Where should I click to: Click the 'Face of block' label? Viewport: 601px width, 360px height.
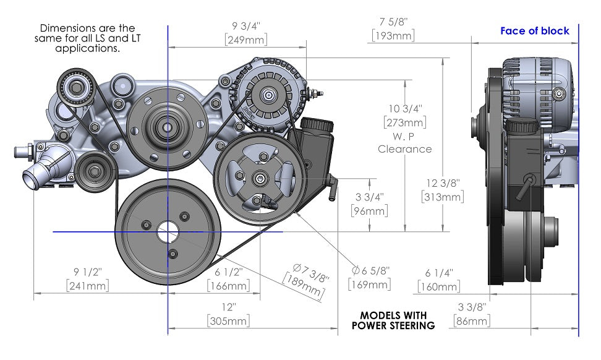click(x=534, y=31)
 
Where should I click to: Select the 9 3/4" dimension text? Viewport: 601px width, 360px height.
click(x=245, y=27)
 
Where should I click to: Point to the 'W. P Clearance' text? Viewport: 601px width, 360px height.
click(x=404, y=142)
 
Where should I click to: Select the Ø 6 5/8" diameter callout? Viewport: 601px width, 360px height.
click(x=371, y=271)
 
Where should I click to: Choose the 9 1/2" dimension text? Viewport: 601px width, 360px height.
click(x=87, y=272)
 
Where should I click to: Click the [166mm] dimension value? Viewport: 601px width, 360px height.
click(x=229, y=286)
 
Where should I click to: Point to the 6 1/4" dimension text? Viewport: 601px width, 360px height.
click(x=439, y=273)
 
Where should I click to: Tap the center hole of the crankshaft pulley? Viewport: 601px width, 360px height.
click(x=167, y=233)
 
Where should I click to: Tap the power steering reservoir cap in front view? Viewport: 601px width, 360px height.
click(x=315, y=124)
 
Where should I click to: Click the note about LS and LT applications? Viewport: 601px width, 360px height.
click(x=87, y=38)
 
